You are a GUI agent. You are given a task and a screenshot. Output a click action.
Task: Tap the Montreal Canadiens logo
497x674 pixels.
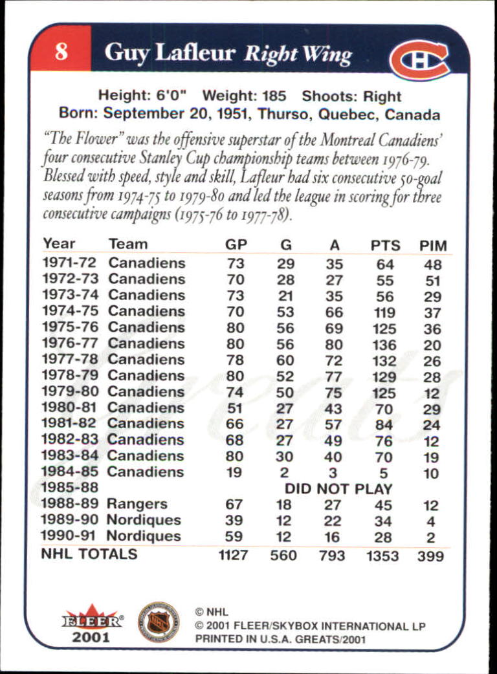pyautogui.click(x=419, y=60)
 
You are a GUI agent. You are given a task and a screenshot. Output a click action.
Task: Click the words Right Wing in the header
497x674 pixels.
pyautogui.click(x=298, y=54)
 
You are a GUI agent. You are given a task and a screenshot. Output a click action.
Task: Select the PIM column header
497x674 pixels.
pyautogui.click(x=433, y=246)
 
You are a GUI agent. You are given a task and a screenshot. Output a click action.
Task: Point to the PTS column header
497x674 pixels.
pyautogui.click(x=385, y=246)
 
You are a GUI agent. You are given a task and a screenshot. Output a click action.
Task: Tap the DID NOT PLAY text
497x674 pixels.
pyautogui.click(x=338, y=489)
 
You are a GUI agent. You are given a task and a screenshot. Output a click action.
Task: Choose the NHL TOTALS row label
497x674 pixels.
pyautogui.click(x=89, y=554)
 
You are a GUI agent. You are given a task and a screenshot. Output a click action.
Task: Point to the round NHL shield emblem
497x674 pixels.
pyautogui.click(x=158, y=622)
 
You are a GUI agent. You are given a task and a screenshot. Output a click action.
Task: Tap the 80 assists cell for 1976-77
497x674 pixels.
pyautogui.click(x=334, y=345)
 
